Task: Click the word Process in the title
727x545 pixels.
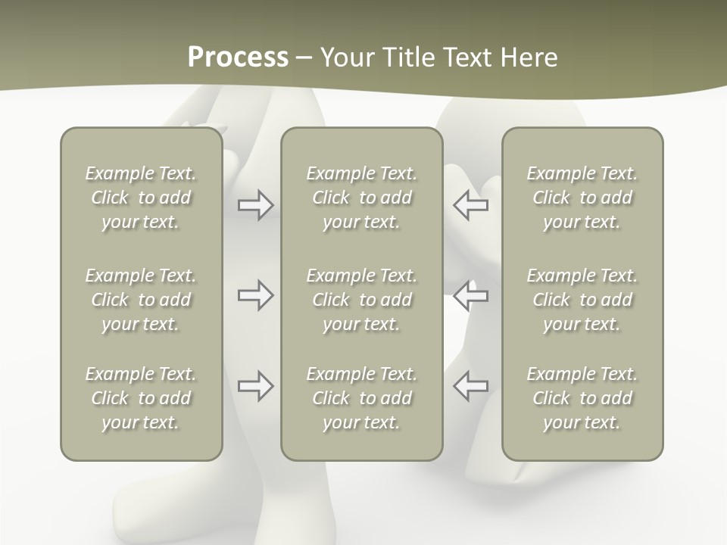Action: point(238,58)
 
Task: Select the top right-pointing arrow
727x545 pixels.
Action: point(255,205)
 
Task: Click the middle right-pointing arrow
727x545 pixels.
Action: point(255,295)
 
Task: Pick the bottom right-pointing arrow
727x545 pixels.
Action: point(255,386)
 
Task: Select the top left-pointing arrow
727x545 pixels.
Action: point(471,205)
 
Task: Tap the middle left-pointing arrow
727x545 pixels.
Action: point(471,295)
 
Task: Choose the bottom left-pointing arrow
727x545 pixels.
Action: point(471,386)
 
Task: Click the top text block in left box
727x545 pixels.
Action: point(141,198)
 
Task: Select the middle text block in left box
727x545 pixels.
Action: point(141,300)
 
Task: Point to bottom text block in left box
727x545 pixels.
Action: point(141,398)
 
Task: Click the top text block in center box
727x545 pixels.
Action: point(361,198)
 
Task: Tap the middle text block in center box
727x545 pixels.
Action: point(361,300)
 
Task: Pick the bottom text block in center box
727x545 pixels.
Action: point(361,398)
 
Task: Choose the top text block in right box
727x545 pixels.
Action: point(582,198)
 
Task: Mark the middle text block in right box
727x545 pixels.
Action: point(582,300)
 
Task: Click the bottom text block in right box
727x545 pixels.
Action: point(582,398)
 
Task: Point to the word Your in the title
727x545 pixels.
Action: point(347,58)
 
